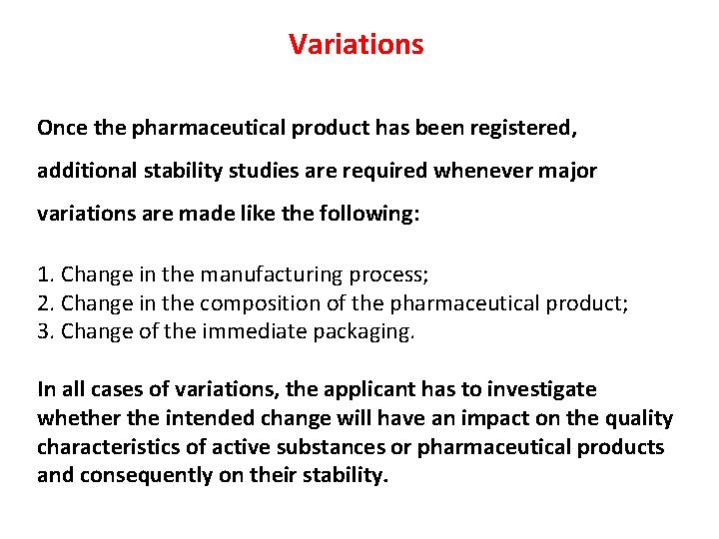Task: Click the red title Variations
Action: (x=357, y=45)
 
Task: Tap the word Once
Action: (x=60, y=128)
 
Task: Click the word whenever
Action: (x=479, y=171)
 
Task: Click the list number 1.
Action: (x=44, y=274)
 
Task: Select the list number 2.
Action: (x=44, y=303)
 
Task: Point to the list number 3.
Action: (x=44, y=332)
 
